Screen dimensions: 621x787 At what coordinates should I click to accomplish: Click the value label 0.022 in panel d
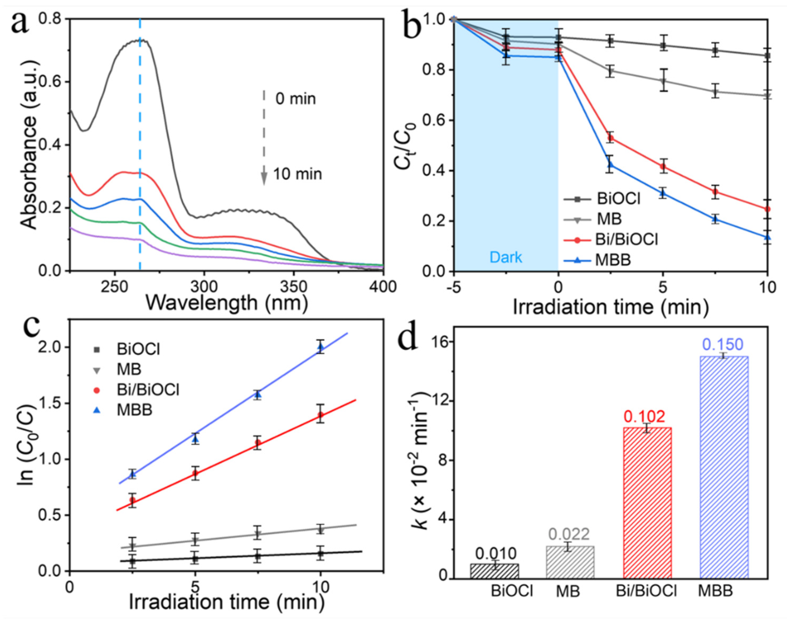coord(569,534)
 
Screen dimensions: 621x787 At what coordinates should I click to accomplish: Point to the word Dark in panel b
coord(506,257)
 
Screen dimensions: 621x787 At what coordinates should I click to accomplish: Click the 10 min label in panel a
coord(297,174)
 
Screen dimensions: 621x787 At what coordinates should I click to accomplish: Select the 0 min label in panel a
coord(295,99)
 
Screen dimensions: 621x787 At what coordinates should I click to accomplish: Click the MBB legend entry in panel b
coord(613,260)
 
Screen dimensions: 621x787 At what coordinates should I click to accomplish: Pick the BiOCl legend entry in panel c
coord(138,349)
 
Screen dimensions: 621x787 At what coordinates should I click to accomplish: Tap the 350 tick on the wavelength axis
coord(294,287)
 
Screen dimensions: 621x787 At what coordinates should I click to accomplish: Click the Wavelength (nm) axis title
coord(226,303)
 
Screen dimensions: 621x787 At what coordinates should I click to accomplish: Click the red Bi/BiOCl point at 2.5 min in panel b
coord(610,138)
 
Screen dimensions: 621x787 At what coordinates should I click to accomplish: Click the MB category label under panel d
coord(567,592)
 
